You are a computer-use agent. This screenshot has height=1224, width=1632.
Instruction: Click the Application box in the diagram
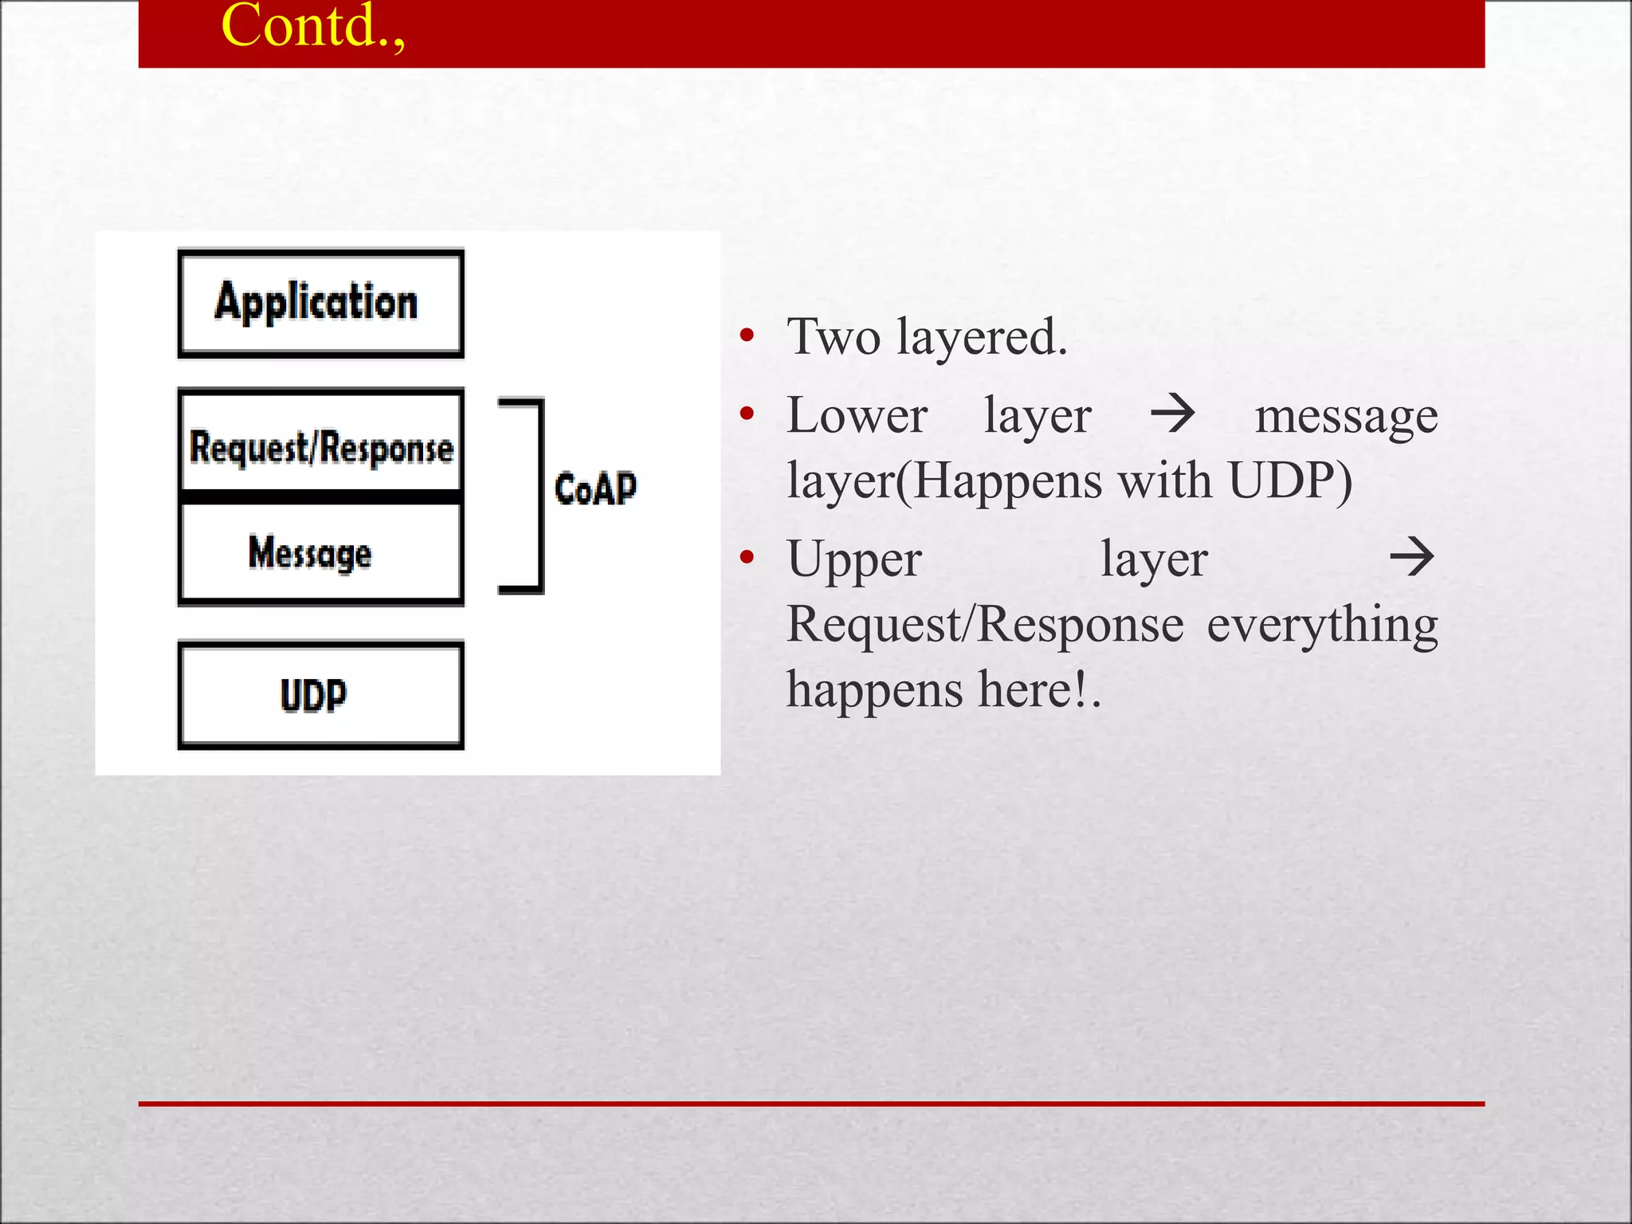coord(320,303)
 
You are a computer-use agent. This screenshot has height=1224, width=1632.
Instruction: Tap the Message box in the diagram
coord(320,552)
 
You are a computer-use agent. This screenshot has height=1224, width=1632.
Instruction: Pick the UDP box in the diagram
coord(320,695)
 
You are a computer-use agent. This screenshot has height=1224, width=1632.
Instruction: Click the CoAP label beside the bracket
coord(595,488)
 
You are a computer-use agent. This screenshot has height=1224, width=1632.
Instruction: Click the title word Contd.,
coord(312,25)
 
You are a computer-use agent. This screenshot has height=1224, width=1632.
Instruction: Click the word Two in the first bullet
coord(834,336)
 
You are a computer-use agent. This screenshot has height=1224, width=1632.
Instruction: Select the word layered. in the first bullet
coord(982,338)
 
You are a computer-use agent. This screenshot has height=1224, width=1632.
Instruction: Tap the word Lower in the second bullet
coord(857,415)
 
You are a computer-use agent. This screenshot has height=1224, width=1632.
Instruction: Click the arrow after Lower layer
coord(1173,414)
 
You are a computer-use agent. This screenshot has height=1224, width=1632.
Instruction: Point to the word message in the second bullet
coord(1346,417)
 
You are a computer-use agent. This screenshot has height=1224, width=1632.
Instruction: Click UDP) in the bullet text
coord(1290,481)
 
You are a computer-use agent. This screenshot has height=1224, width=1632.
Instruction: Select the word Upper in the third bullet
coord(854,560)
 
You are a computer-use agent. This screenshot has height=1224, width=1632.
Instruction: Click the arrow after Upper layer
coord(1411,557)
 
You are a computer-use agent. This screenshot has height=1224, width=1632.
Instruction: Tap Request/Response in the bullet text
coord(985,624)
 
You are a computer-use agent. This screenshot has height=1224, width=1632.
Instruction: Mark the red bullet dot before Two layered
coord(747,335)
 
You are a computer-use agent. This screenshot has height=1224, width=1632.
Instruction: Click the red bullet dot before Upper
coord(747,557)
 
